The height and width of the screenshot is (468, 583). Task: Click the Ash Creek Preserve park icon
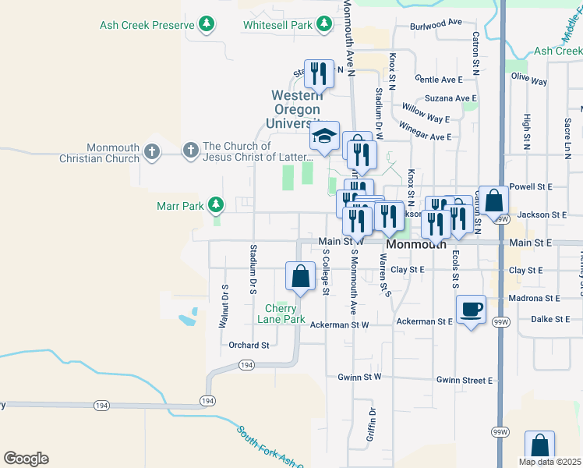[207, 25]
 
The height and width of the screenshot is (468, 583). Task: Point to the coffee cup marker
[471, 310]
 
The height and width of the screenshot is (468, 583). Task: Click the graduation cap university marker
[323, 136]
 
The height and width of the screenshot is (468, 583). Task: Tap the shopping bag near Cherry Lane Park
[300, 276]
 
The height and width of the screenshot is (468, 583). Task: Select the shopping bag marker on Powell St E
[493, 200]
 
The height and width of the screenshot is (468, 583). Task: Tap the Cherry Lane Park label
[281, 314]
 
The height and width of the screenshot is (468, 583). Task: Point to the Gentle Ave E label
[439, 80]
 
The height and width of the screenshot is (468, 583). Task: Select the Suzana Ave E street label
[450, 99]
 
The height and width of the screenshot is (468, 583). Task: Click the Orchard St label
[249, 345]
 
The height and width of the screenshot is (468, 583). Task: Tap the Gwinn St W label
[359, 377]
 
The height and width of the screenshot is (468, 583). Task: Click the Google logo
[26, 459]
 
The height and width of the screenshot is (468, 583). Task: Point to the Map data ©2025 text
[549, 462]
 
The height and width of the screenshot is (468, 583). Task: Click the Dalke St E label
[552, 319]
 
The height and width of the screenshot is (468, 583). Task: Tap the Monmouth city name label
[416, 244]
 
